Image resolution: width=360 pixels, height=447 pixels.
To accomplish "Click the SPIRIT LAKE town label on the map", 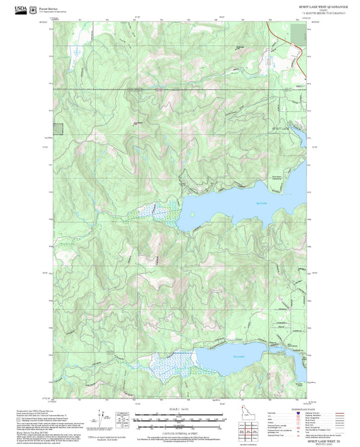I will point(279,128).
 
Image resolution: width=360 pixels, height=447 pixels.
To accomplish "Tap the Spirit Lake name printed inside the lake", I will point(243,203).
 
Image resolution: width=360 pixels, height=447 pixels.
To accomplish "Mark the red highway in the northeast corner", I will point(277,37).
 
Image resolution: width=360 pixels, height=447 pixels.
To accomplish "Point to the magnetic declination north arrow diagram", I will point(102,419).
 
